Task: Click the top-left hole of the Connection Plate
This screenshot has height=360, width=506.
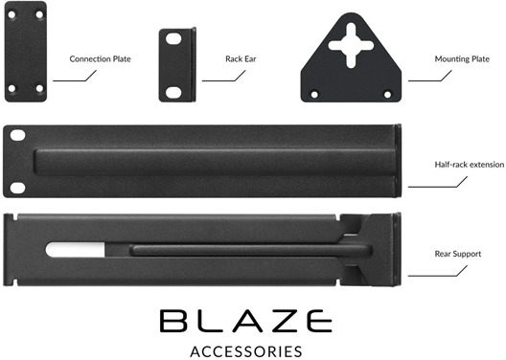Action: point(13,17)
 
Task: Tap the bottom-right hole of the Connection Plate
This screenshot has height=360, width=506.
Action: point(39,89)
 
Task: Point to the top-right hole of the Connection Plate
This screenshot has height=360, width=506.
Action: point(39,17)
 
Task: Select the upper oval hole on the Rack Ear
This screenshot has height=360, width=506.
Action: point(174,40)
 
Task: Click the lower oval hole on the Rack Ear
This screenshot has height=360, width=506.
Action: point(174,92)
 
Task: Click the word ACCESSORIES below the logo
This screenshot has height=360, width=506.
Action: point(246,349)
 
